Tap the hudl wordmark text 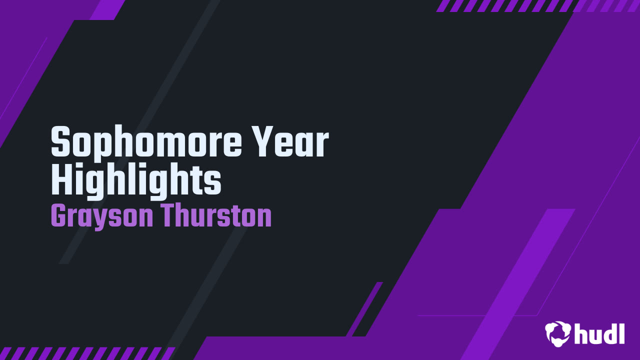pyautogui.click(x=599, y=333)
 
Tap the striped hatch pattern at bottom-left pyautogui.click(x=85, y=353)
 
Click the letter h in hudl pyautogui.click(x=581, y=333)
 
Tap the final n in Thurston pyautogui.click(x=264, y=219)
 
